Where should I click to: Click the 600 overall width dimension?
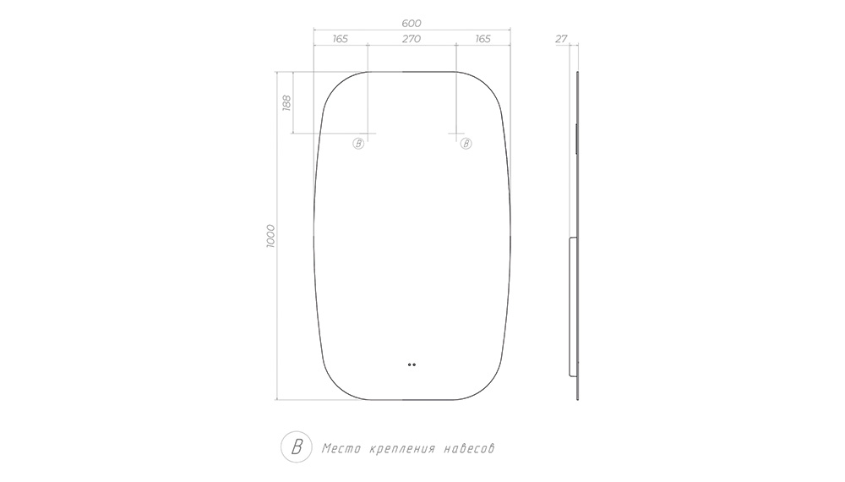[x=412, y=23]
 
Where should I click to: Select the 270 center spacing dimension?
[x=412, y=39]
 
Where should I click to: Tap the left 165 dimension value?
[x=340, y=39]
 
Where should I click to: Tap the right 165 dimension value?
[x=482, y=39]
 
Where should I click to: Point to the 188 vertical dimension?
[x=286, y=102]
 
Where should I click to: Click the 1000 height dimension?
[x=270, y=236]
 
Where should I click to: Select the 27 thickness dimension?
[x=561, y=39]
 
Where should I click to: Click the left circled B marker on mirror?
[x=358, y=144]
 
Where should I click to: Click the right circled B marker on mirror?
[x=466, y=144]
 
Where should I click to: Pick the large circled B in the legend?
[x=297, y=447]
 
